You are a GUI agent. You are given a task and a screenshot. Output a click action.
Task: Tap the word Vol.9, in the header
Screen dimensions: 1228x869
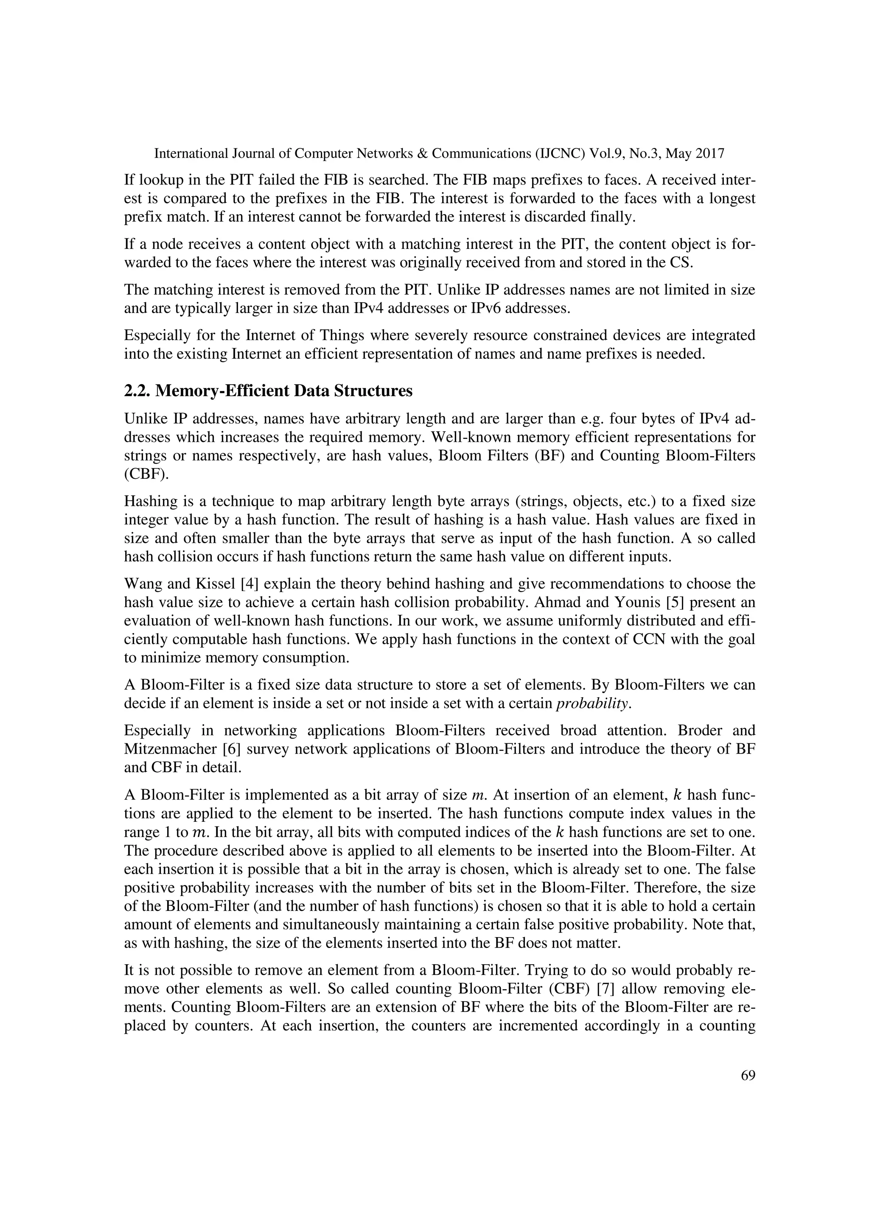605,154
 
